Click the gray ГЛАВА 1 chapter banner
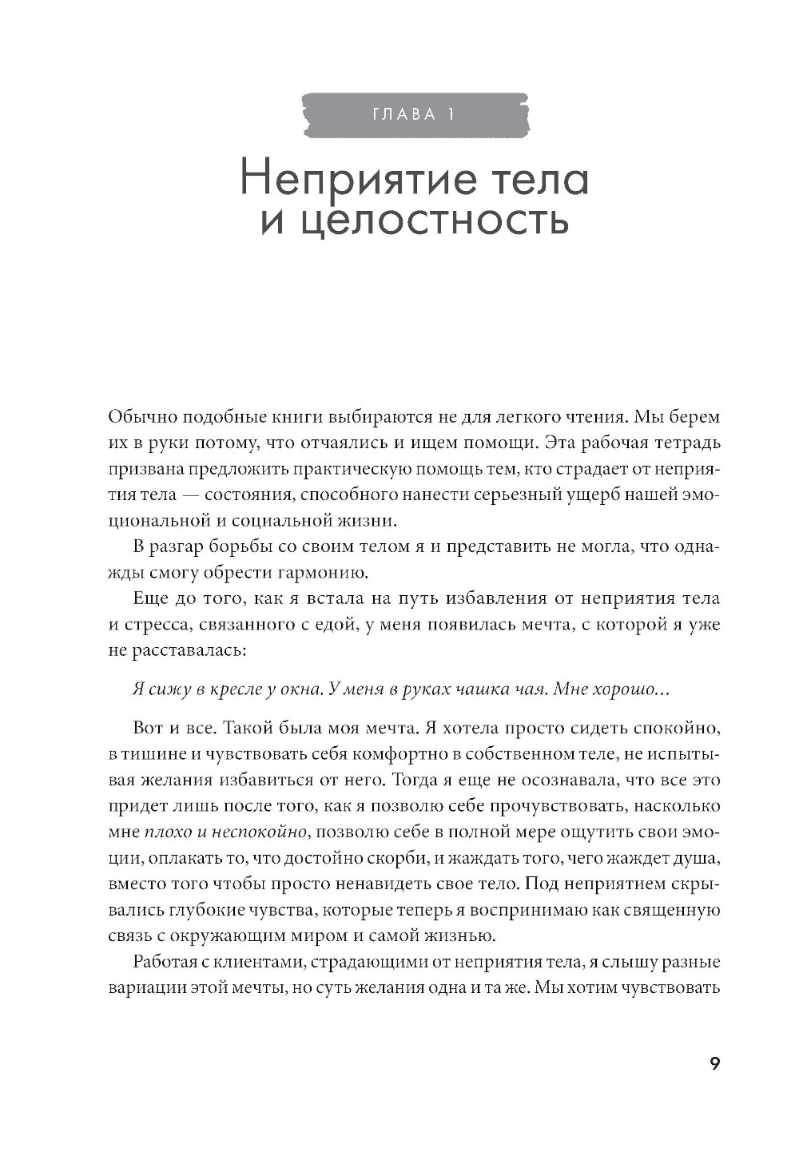[x=414, y=114]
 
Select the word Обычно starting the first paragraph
[x=139, y=417]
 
